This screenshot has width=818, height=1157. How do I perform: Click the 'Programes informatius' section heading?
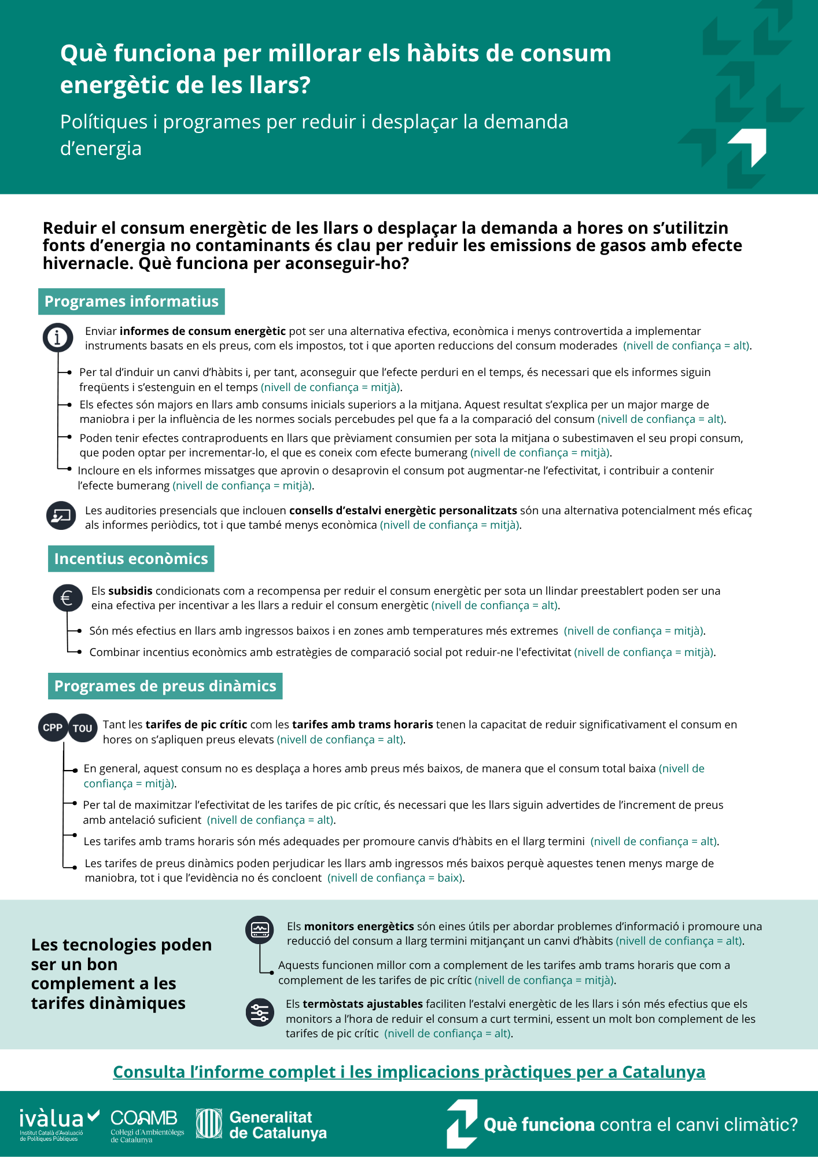(x=131, y=301)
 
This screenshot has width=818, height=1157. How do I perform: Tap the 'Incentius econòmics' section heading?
(x=131, y=559)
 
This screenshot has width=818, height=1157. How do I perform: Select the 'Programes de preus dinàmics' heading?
(x=165, y=686)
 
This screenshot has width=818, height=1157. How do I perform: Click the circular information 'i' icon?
(x=57, y=337)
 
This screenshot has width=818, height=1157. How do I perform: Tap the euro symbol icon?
(x=67, y=598)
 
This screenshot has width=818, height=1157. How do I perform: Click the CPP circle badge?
(x=53, y=728)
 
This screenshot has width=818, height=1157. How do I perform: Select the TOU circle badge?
(x=83, y=728)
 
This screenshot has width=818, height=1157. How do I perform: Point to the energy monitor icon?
(x=260, y=930)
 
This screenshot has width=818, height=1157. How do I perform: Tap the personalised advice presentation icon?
(x=61, y=515)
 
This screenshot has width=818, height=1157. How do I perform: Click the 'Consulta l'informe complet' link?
(x=409, y=1072)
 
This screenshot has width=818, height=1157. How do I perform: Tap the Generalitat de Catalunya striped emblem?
(x=209, y=1123)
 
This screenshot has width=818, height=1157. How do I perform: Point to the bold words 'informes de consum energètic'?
(x=202, y=331)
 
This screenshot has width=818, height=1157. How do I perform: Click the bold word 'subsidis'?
(x=130, y=591)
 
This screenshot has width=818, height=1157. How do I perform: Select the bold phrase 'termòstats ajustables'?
(x=363, y=1004)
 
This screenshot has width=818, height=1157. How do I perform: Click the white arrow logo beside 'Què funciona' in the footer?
(x=462, y=1124)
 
